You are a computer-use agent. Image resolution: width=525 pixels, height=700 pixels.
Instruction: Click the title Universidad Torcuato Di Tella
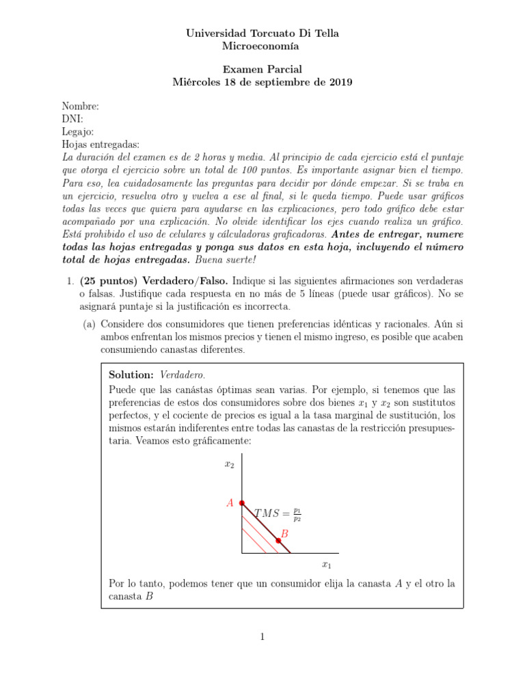point(262,33)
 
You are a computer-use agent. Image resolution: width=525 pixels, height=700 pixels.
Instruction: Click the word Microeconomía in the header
point(262,46)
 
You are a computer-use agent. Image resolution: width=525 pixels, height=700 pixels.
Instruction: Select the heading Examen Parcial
point(262,69)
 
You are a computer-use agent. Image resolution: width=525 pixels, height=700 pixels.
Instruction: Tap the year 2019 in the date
point(340,83)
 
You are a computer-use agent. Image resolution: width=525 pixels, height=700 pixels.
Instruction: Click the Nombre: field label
point(81,106)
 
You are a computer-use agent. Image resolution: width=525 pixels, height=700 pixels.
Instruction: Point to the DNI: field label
point(72,119)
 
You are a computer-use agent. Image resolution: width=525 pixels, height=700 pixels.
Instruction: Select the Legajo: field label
point(78,132)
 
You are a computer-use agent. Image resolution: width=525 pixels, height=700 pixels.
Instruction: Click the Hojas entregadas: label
point(100,144)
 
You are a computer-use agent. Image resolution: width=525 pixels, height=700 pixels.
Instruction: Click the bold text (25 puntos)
point(109,281)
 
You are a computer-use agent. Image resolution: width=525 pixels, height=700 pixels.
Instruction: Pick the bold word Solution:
point(131,375)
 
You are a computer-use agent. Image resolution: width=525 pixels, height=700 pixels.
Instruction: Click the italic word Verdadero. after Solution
point(183,375)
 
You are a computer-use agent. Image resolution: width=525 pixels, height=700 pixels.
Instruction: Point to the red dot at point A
point(242,502)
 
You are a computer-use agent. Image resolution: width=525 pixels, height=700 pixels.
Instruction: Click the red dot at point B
point(278,541)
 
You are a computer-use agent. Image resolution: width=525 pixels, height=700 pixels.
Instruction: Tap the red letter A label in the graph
point(230,503)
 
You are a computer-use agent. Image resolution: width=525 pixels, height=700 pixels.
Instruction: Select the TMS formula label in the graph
point(278,513)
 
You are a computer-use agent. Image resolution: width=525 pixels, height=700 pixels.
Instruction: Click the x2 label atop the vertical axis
point(229,464)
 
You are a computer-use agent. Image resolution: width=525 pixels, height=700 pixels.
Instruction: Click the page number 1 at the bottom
point(262,636)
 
